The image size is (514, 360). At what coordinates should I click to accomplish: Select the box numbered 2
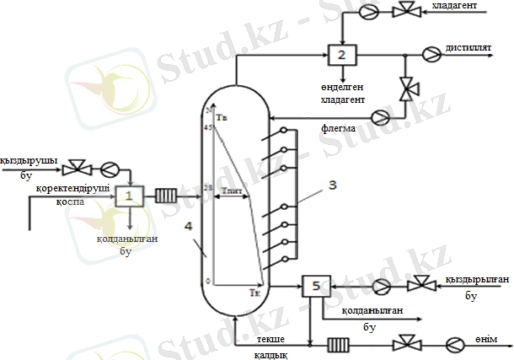click(341, 55)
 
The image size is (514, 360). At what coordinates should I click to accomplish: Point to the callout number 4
click(190, 226)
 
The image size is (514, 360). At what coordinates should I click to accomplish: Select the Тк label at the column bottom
click(256, 293)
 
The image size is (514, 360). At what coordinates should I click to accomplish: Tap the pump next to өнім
click(456, 344)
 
